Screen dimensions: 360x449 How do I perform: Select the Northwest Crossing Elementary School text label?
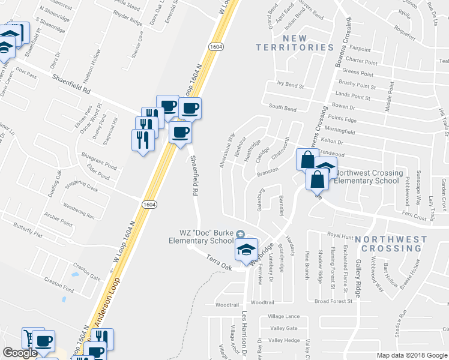coord(367,176)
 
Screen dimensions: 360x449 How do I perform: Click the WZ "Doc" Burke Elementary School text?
coord(200,236)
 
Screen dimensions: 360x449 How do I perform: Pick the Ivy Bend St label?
coord(291,85)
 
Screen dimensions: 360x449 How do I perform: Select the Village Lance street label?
coord(283,316)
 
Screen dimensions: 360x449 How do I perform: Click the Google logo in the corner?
coord(20,353)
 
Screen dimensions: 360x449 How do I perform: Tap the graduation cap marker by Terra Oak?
coord(246,250)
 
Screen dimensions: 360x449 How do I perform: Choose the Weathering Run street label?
coord(79,212)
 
